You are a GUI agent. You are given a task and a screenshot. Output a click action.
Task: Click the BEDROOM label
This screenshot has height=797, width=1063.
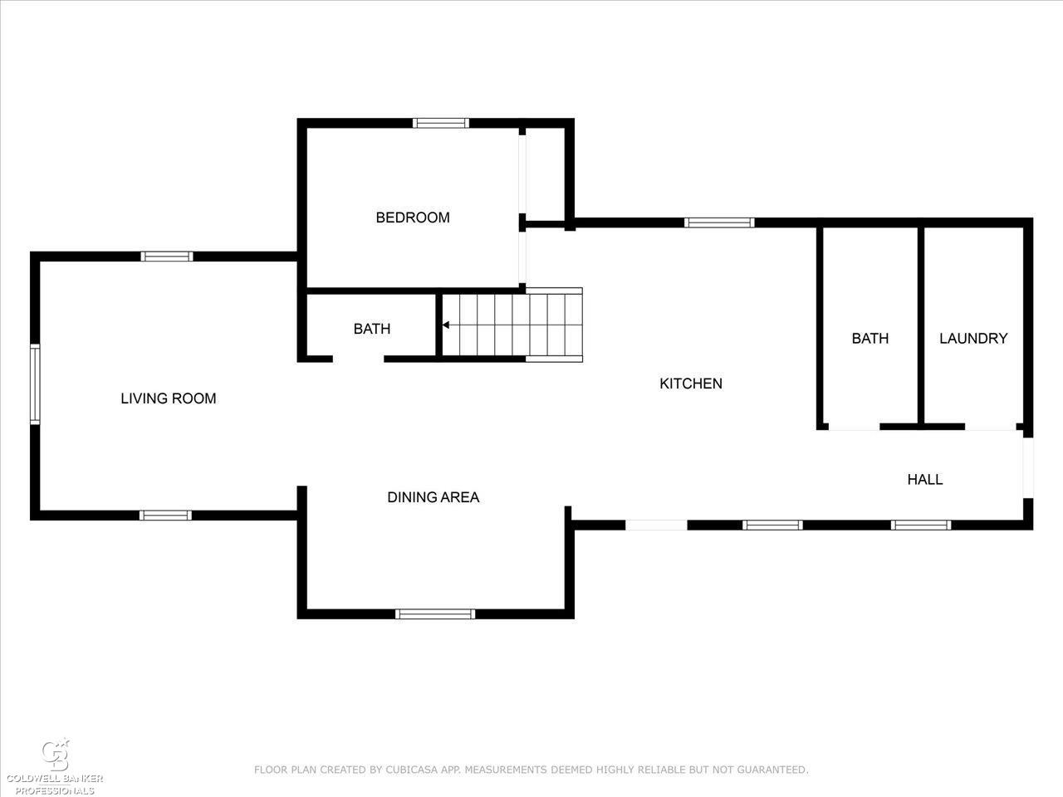pos(413,218)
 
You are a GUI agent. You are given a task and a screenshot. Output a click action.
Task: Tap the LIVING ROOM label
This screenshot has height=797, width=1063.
pos(169,398)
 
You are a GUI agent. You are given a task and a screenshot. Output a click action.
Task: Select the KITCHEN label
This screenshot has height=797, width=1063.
pos(691,384)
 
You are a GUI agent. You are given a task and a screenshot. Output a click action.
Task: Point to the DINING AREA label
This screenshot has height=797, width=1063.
pos(434,497)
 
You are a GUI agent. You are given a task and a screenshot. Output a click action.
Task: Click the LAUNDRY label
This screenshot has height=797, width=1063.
pos(973,338)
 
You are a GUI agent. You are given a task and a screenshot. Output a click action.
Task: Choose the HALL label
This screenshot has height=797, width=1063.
pos(925,480)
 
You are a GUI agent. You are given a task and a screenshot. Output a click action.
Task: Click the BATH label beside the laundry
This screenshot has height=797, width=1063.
pos(870,338)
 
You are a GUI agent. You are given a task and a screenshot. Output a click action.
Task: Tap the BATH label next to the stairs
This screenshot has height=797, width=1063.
pos(372,329)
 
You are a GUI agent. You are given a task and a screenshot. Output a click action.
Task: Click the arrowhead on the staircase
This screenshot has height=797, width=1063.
pos(445,325)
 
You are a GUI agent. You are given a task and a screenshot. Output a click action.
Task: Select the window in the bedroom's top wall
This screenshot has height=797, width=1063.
pos(441,123)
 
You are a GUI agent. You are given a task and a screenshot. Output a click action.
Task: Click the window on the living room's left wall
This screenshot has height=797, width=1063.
pos(35,384)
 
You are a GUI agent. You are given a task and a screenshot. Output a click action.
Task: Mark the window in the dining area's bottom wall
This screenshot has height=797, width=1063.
pos(435,614)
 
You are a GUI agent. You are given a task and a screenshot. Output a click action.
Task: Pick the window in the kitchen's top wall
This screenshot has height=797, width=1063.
pos(719,222)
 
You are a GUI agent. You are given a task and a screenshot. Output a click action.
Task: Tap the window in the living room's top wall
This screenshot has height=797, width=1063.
pos(167,257)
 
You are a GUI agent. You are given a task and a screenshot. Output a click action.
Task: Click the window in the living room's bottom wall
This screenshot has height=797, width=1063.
pos(165,516)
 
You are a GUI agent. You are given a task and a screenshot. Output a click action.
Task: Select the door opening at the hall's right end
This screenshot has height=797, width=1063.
pos(1028,468)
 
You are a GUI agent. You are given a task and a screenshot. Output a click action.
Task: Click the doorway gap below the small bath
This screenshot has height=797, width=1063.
pos(359,359)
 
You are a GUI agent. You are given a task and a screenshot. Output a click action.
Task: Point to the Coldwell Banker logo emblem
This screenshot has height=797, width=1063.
pos(56,755)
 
